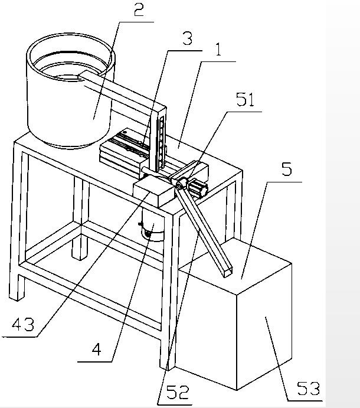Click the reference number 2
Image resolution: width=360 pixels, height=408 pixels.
click(x=139, y=10)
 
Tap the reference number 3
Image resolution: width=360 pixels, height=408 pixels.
click(x=187, y=38)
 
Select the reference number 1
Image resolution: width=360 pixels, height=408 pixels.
click(x=218, y=50)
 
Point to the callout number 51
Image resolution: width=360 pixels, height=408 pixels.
click(x=245, y=99)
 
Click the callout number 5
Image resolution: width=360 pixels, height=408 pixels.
click(x=287, y=169)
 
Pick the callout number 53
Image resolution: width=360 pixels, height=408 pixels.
click(x=308, y=389)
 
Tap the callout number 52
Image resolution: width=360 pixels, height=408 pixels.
click(x=178, y=392)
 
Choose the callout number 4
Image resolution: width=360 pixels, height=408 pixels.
click(x=97, y=349)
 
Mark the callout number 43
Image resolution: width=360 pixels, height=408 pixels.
click(x=23, y=325)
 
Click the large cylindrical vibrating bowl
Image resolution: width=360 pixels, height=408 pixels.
click(x=70, y=90)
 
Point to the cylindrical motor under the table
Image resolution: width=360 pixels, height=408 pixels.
click(x=152, y=224)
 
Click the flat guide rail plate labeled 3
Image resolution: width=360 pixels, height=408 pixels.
click(x=125, y=148)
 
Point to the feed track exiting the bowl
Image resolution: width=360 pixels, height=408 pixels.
click(x=122, y=92)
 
